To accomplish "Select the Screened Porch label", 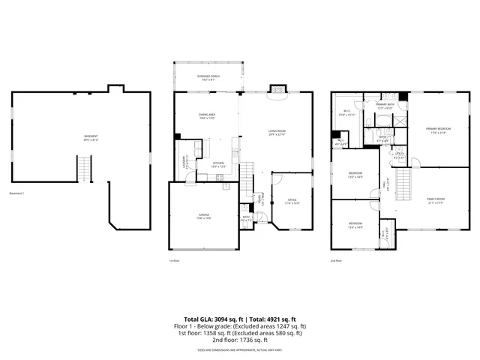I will pyautogui.click(x=208, y=77).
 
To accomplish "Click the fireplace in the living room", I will pyautogui.click(x=277, y=88).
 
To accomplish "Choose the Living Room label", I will pyautogui.click(x=277, y=133).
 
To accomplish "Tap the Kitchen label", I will pyautogui.click(x=217, y=163).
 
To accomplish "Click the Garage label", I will pyautogui.click(x=203, y=216).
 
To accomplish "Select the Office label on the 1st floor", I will pyautogui.click(x=292, y=201).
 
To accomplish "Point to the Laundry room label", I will pyautogui.click(x=184, y=162).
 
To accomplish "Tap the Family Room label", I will pyautogui.click(x=436, y=201).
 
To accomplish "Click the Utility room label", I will pyautogui.click(x=400, y=157).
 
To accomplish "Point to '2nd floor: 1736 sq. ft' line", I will pyautogui.click(x=240, y=340).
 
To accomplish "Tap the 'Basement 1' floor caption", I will pyautogui.click(x=17, y=193).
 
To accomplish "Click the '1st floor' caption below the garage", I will pyautogui.click(x=173, y=260).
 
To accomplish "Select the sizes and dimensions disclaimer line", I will pyautogui.click(x=240, y=349).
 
